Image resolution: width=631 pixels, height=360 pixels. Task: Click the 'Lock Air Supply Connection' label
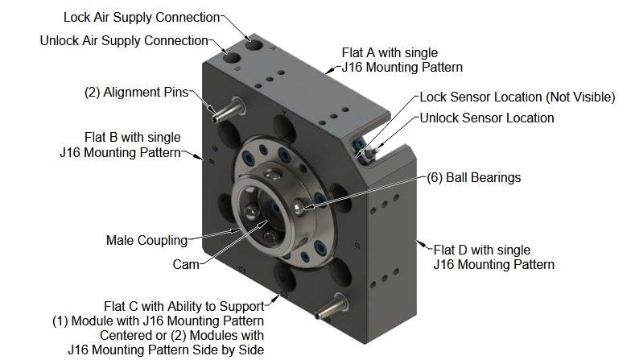142,17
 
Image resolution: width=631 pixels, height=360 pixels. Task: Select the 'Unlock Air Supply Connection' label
124,40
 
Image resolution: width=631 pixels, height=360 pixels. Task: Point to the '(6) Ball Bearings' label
473,177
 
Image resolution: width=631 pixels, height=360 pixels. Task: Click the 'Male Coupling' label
146,240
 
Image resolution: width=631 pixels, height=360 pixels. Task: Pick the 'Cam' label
185,263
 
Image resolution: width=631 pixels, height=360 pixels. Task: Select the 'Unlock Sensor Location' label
486,118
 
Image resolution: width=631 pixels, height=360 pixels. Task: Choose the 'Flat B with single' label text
132,137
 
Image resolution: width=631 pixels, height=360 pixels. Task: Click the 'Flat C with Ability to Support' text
184,306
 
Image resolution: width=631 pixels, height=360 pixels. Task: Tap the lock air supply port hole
254,43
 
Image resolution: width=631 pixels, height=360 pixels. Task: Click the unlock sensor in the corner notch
366,153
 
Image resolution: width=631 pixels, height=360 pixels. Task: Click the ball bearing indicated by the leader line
299,208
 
